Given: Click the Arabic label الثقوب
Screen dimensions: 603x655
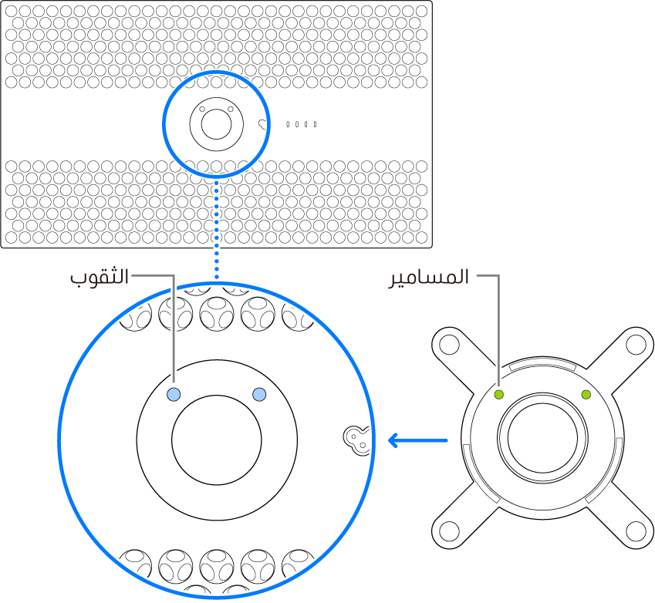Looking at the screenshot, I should click(x=99, y=277).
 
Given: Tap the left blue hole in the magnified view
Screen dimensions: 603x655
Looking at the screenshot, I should click(x=174, y=395).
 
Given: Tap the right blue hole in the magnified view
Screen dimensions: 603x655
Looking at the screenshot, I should click(x=259, y=395).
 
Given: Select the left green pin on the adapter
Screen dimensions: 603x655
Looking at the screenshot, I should click(x=499, y=395).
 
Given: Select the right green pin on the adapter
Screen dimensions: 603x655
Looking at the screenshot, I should click(x=586, y=395).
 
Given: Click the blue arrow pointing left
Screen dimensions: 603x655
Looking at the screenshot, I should click(x=417, y=441).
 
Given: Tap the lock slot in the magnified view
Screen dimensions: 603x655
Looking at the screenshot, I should click(x=356, y=440).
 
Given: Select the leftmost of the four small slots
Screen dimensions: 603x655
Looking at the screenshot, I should click(x=288, y=124).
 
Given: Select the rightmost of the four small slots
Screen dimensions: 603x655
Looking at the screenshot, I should click(x=315, y=124).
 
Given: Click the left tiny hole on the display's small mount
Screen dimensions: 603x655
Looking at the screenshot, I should click(x=202, y=109).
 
